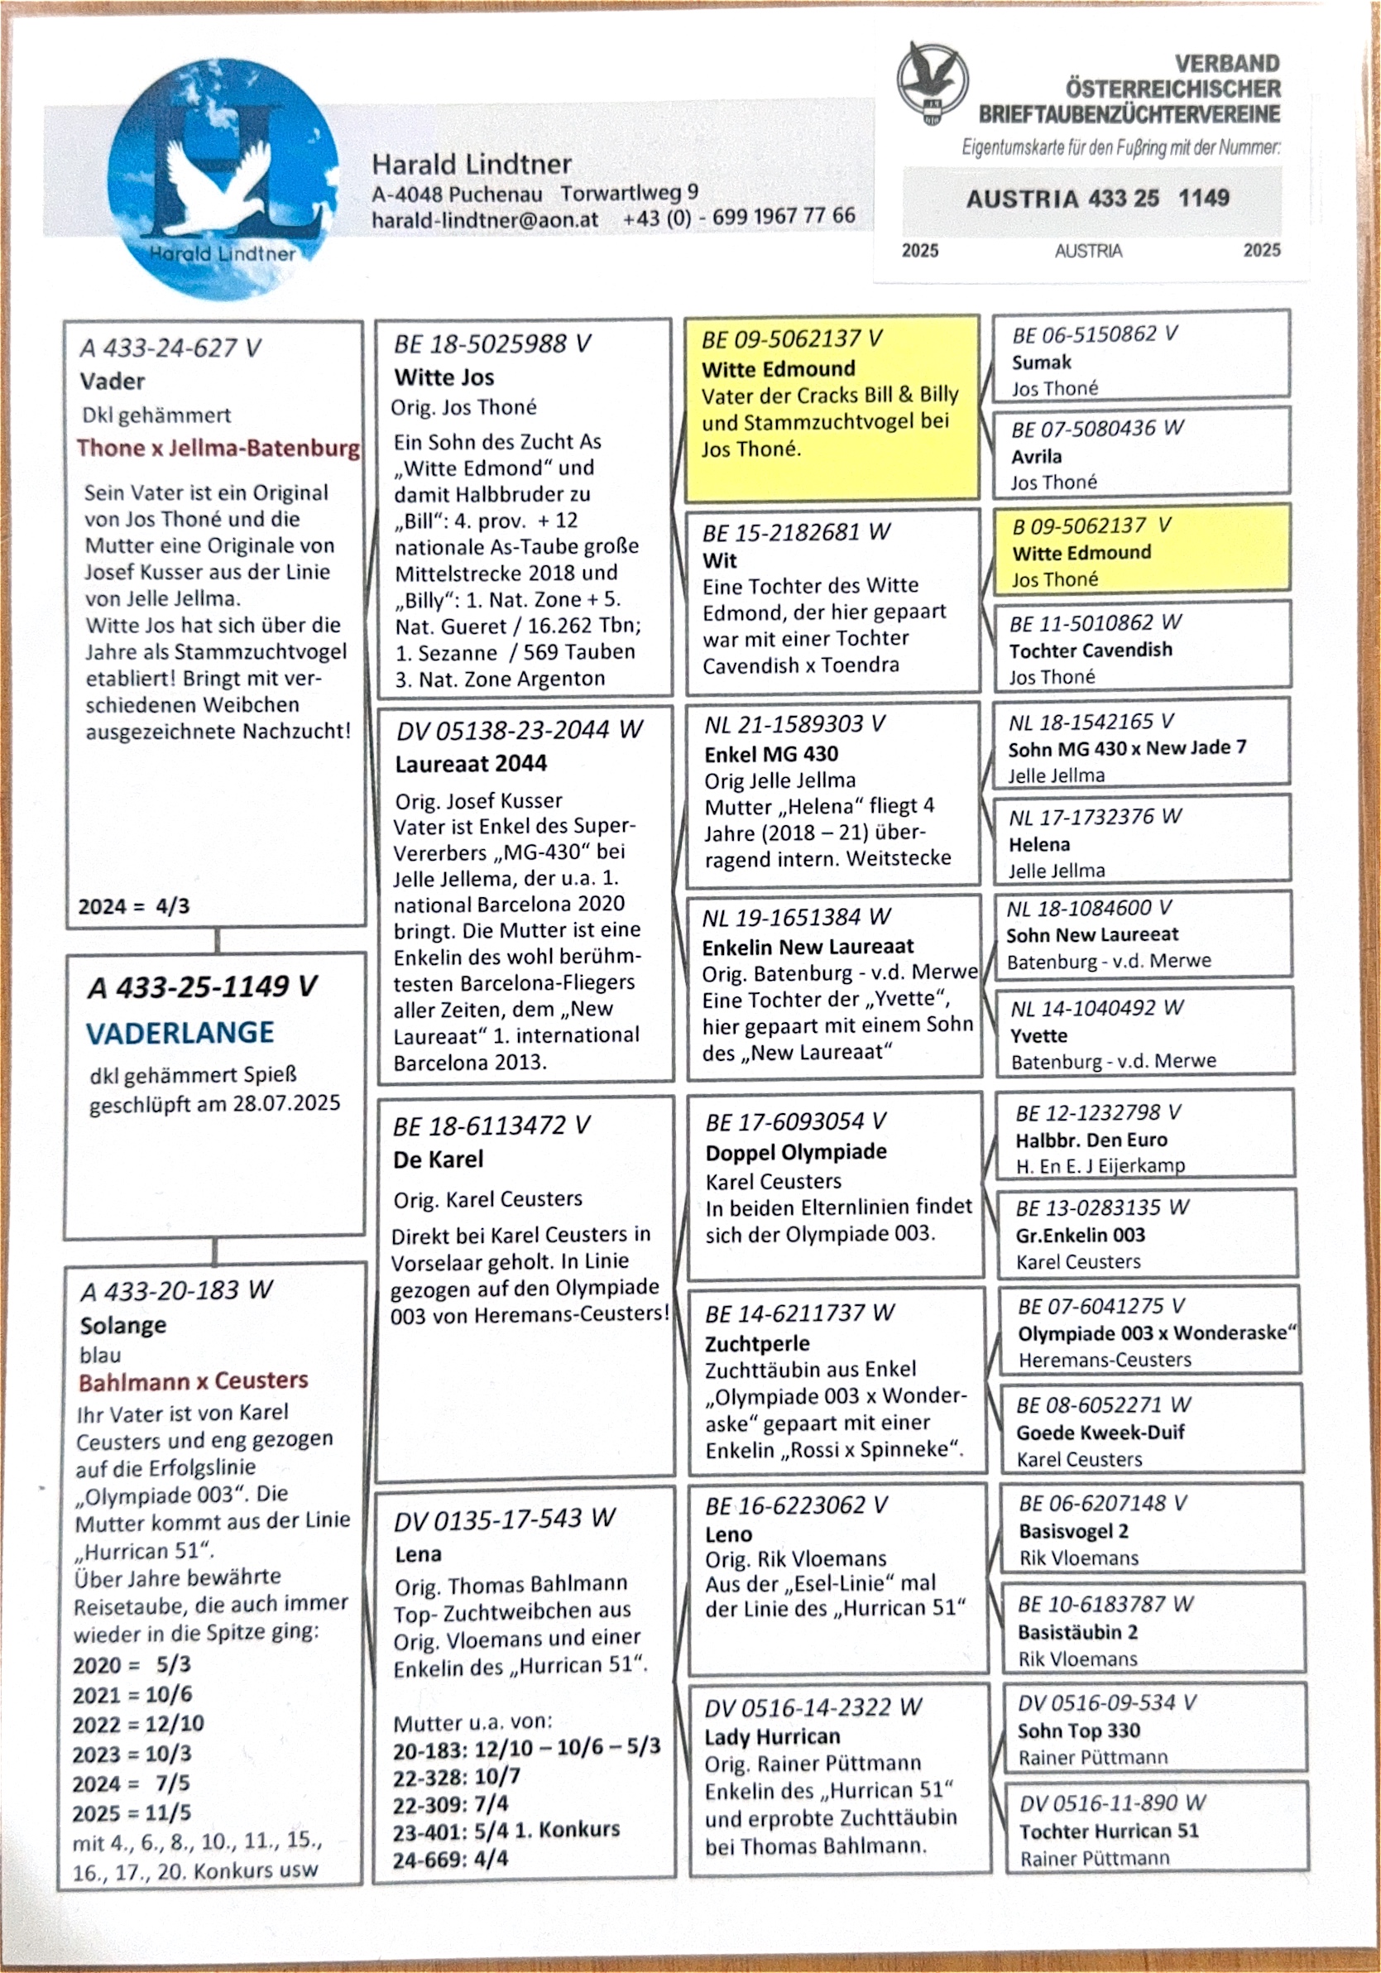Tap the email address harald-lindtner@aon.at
point(485,219)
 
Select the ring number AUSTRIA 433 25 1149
point(1097,199)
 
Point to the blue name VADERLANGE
point(180,1032)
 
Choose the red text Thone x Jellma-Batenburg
point(218,448)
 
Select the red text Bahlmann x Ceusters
point(194,1381)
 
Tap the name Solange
point(123,1325)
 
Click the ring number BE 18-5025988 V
point(492,344)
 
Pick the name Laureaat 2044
point(471,763)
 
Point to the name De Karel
point(439,1159)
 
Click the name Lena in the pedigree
point(418,1553)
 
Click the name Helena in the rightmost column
point(1039,844)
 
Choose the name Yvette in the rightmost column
point(1038,1035)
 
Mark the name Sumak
point(1042,362)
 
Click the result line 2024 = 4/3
point(134,905)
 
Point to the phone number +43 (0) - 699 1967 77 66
point(739,217)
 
